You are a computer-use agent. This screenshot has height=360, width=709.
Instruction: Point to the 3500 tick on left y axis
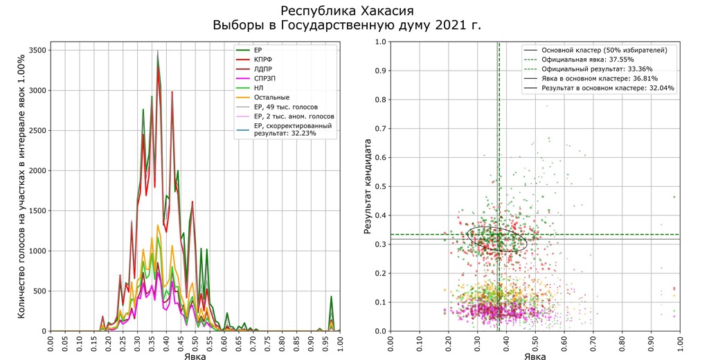coord(37,50)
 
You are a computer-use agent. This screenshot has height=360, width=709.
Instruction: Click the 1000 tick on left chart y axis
coord(37,251)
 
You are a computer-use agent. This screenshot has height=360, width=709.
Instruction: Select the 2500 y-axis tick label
coord(37,130)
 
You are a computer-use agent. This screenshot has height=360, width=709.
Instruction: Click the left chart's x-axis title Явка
coord(195,356)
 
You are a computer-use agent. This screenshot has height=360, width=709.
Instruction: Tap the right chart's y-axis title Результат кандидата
coord(368,186)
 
